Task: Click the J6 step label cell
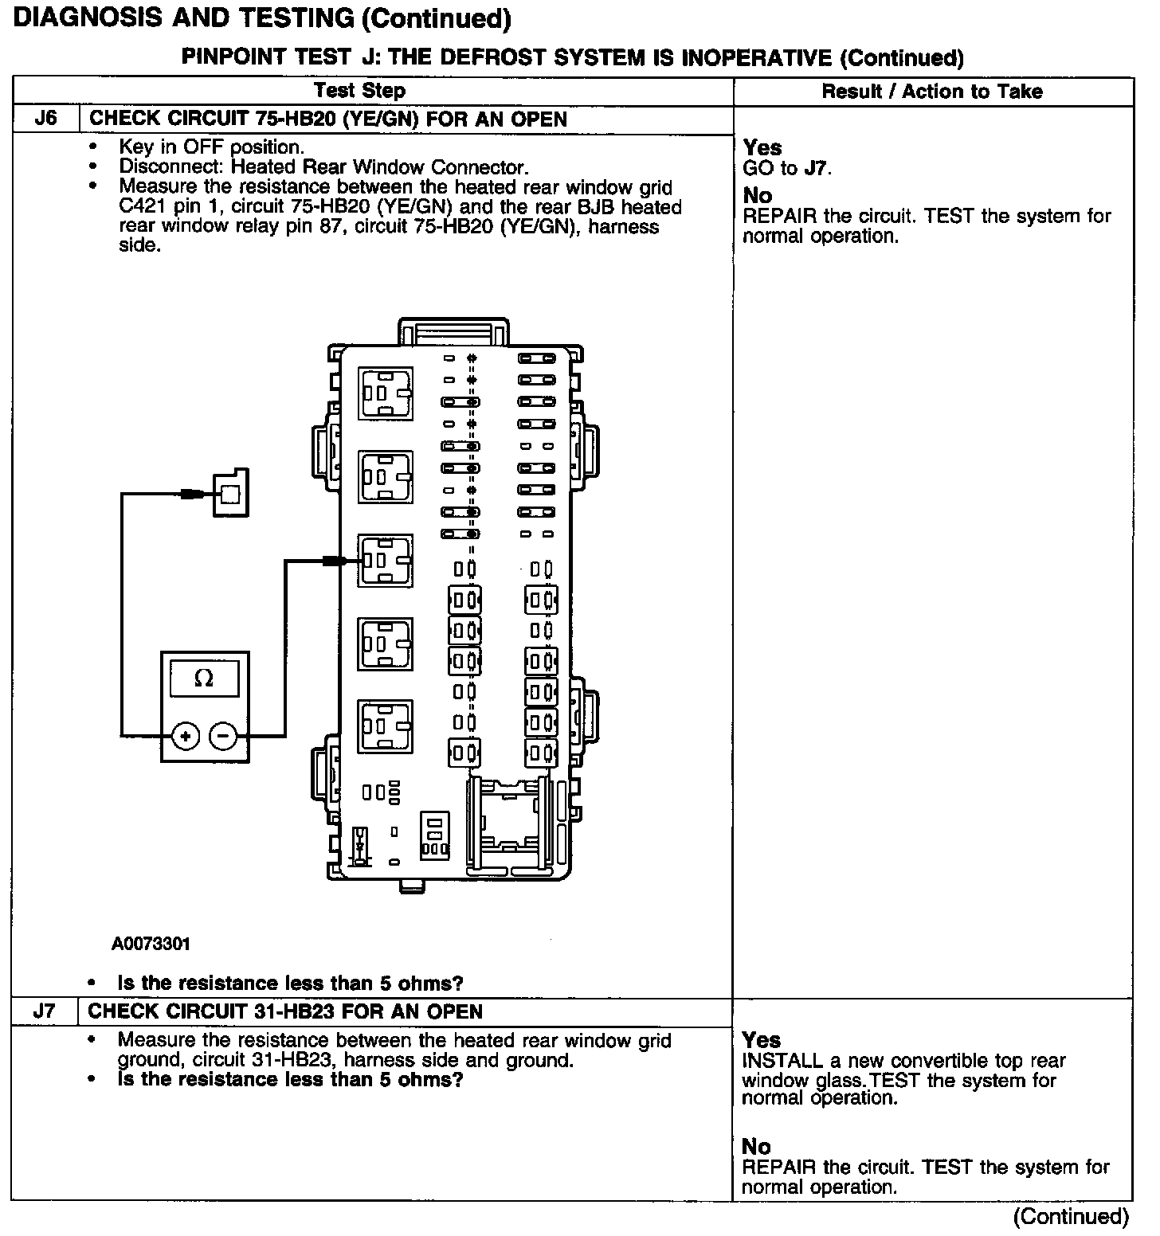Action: [46, 119]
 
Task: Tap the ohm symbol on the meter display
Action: [204, 679]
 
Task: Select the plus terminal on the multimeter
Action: [186, 736]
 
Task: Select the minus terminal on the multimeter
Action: [223, 736]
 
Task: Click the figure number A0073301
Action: [151, 945]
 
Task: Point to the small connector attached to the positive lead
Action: [229, 494]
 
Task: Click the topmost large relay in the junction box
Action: [386, 393]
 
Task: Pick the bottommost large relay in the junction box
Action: [386, 726]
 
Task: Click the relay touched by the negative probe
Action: [386, 561]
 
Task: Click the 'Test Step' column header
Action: [359, 92]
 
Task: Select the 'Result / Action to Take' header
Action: [932, 92]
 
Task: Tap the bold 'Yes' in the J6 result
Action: [762, 148]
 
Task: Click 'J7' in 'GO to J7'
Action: [817, 169]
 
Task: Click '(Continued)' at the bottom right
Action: [1071, 1216]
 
